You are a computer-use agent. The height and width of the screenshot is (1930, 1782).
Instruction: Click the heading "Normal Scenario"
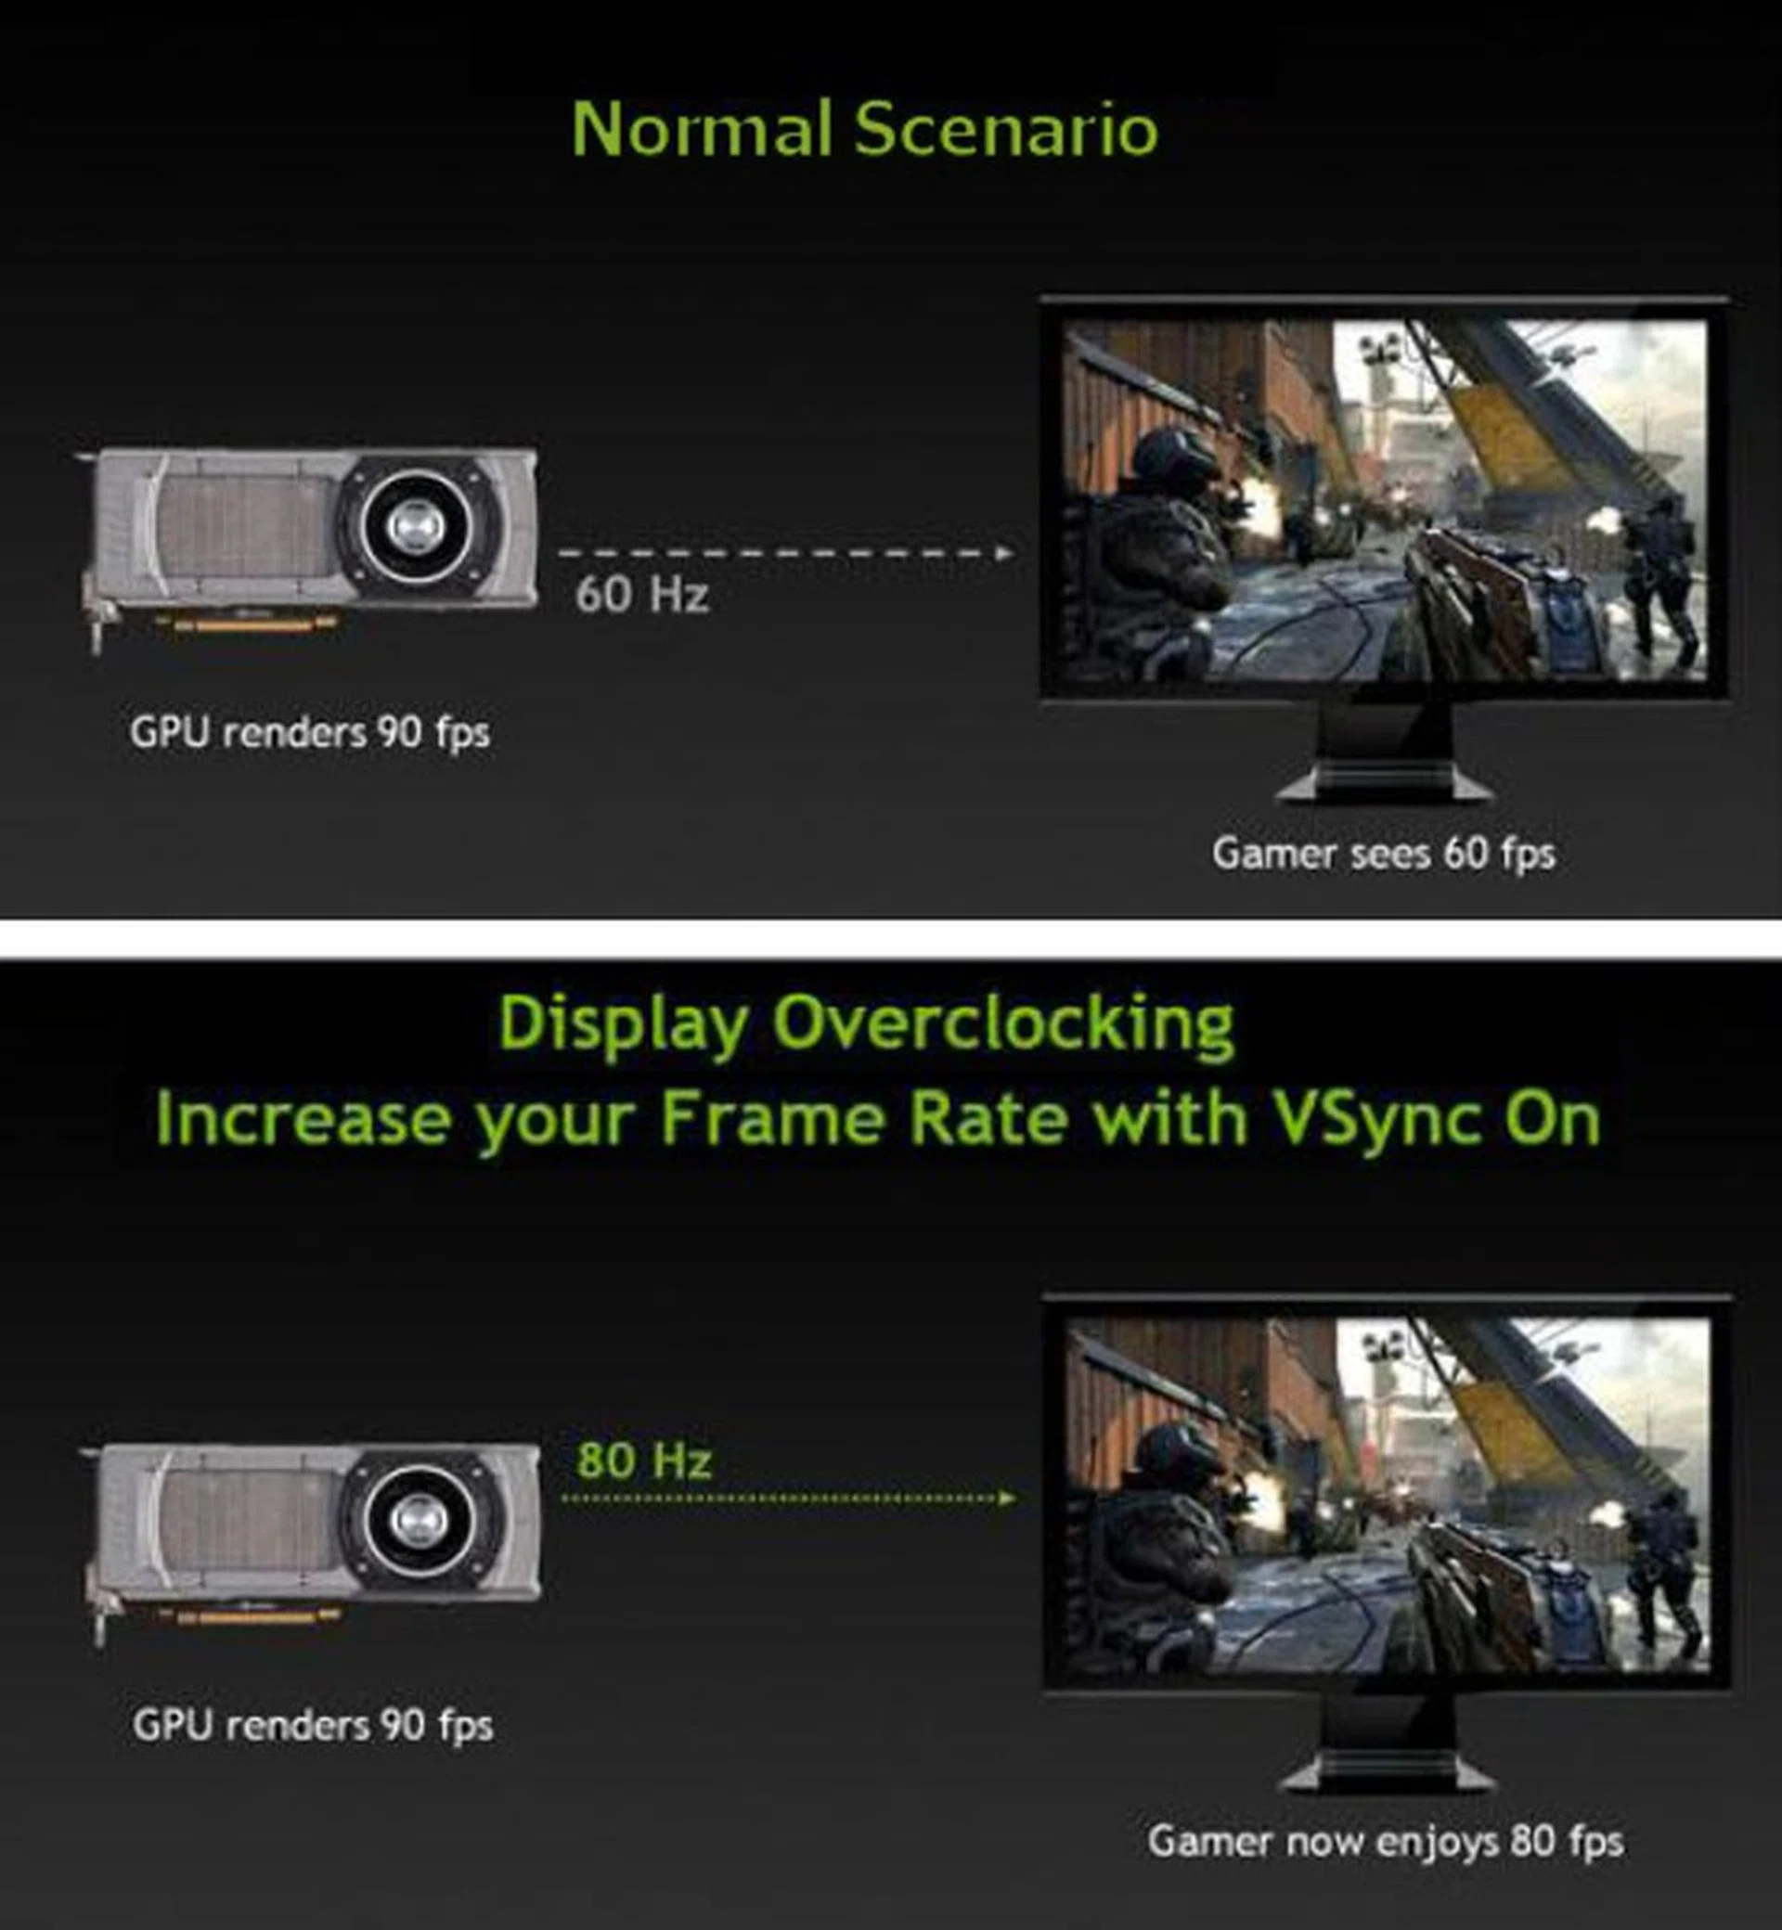click(865, 129)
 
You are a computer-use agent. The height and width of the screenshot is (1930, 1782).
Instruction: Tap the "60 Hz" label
click(642, 593)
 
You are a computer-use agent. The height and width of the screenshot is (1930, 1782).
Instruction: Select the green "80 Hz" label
click(644, 1460)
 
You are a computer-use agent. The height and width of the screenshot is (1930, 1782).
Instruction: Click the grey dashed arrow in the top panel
click(786, 553)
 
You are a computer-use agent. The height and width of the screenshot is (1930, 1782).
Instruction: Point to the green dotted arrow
click(788, 1499)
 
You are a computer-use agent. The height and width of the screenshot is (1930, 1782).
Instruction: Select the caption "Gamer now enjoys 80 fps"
click(1386, 1841)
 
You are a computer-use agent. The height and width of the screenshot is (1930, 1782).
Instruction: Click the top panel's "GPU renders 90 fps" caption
click(311, 733)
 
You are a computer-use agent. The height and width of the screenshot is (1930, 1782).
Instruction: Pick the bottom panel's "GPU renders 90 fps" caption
click(314, 1726)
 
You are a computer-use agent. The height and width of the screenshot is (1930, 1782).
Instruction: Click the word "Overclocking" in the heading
click(1003, 1023)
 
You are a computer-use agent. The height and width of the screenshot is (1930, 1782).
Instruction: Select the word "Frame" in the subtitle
click(771, 1119)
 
